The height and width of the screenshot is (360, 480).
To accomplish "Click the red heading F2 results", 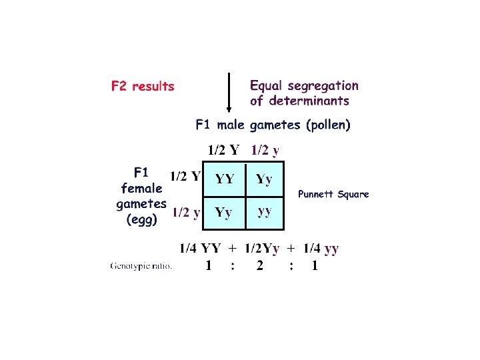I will [x=142, y=86].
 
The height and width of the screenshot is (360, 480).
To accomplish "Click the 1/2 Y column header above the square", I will [x=223, y=150].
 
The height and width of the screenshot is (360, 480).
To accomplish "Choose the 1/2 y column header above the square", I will [x=265, y=150].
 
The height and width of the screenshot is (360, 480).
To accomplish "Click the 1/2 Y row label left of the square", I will [x=185, y=177].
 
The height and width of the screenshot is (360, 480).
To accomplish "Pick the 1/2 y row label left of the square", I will [x=187, y=213].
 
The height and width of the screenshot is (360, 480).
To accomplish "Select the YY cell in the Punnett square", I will [x=224, y=179].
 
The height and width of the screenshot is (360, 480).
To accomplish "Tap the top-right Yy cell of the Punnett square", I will [x=265, y=179].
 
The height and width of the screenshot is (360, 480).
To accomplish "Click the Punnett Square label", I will [x=333, y=195].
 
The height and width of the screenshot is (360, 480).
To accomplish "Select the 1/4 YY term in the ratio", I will [x=201, y=249].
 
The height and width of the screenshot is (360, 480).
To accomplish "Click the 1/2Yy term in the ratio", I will [x=262, y=249].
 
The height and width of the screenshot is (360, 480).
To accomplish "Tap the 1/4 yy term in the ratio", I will [x=321, y=249].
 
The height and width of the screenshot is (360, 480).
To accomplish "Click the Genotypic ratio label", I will [x=141, y=267].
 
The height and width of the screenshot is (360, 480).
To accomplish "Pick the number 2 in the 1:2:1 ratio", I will [x=260, y=266].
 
